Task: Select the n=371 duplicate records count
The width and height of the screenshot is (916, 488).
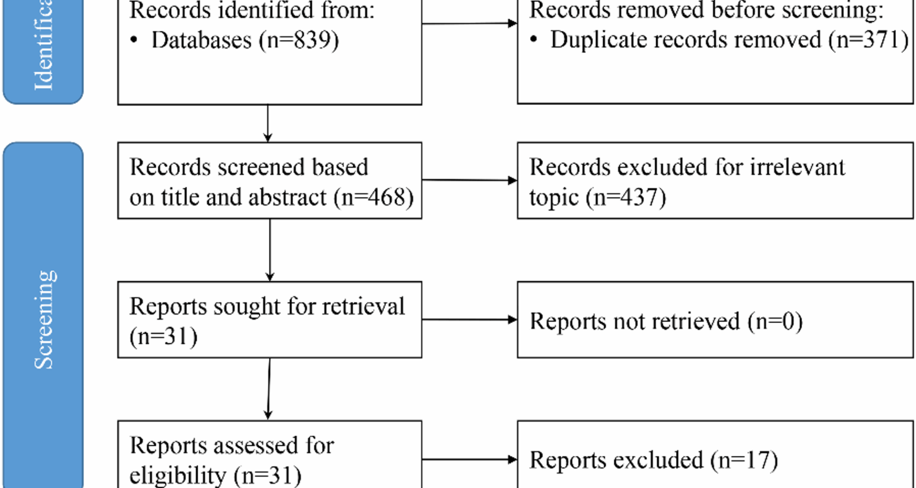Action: pyautogui.click(x=868, y=40)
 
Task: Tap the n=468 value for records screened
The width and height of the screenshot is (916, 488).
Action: pyautogui.click(x=374, y=197)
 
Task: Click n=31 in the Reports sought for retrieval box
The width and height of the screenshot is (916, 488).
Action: pyautogui.click(x=163, y=336)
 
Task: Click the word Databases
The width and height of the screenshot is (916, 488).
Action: pyautogui.click(x=201, y=40)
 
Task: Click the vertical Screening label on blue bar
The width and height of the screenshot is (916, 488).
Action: pyautogui.click(x=44, y=319)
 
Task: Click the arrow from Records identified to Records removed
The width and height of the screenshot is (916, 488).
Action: pyautogui.click(x=469, y=23)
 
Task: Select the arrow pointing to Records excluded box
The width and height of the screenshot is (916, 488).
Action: pyautogui.click(x=469, y=180)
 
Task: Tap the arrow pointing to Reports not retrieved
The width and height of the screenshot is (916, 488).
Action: pyautogui.click(x=469, y=319)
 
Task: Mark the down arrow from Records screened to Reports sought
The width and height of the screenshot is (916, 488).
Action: pyautogui.click(x=270, y=250)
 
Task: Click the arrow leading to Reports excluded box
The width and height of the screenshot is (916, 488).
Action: pyautogui.click(x=469, y=459)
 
